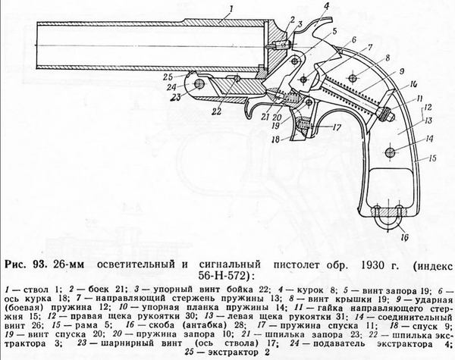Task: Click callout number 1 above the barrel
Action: pos(231,10)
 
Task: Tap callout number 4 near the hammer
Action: pos(327,6)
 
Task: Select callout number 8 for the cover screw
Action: pos(388,58)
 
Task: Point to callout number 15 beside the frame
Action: pos(432,158)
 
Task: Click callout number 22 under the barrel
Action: pos(216,111)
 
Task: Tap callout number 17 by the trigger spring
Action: pos(336,127)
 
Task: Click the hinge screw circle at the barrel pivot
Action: pos(199,84)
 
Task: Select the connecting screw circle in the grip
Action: pos(390,152)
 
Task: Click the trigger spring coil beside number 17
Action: pos(304,125)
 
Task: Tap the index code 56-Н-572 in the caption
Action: pos(224,275)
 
